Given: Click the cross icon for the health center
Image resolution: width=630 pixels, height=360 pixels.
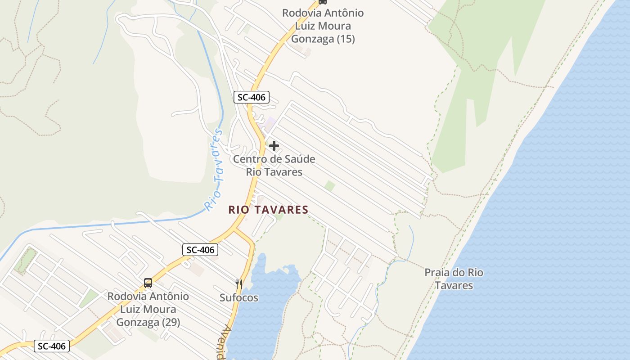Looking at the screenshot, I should (274, 146).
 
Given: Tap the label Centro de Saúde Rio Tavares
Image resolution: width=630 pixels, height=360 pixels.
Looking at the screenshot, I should (274, 165).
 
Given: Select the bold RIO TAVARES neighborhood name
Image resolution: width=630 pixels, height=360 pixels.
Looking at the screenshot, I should (268, 210).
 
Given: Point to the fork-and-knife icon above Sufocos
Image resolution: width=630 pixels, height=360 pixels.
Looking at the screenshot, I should (239, 284).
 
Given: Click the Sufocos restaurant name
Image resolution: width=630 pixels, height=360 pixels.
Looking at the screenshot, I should (239, 297).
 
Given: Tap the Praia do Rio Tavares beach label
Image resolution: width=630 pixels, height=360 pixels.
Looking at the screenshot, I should (454, 279).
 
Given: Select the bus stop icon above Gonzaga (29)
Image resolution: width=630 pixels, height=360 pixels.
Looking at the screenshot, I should (148, 283).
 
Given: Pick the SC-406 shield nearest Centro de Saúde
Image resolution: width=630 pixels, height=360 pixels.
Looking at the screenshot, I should (252, 97).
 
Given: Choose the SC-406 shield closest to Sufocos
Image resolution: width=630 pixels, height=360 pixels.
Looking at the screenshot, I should (200, 250).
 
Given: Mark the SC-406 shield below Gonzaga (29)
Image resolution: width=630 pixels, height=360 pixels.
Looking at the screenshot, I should (52, 346).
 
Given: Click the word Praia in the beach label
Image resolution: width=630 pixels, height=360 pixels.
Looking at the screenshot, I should (437, 273).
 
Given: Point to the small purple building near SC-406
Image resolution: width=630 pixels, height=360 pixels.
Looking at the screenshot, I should (270, 122).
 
